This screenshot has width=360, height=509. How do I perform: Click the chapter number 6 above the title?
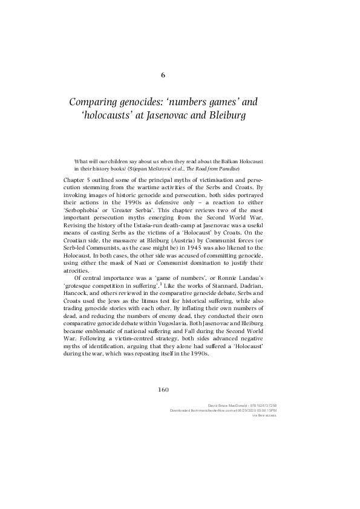click(163, 76)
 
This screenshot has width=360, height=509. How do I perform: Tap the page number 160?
click(163, 389)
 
